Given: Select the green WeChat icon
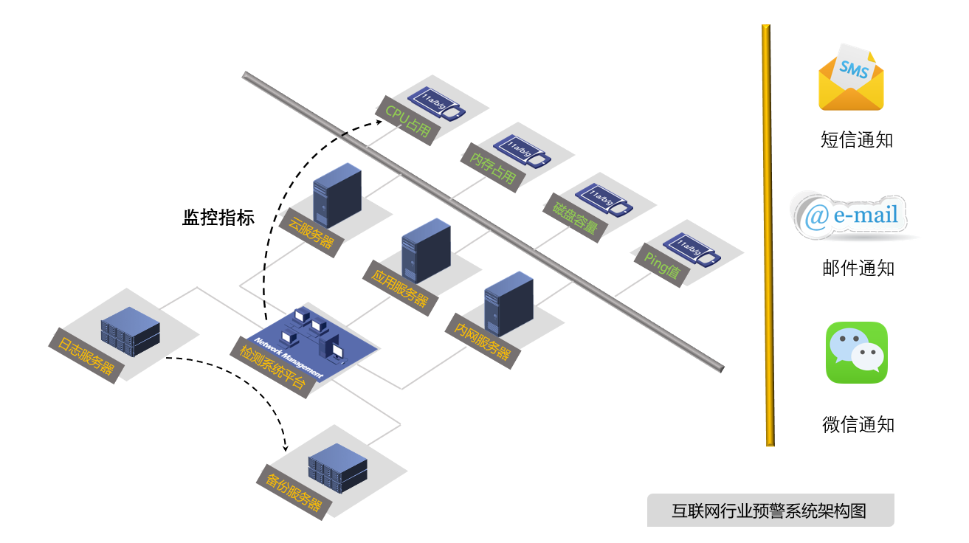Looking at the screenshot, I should coord(856,353).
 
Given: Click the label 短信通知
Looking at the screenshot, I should coord(857,139).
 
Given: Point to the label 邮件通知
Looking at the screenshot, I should coord(858,268).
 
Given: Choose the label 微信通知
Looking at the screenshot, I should coord(858,424).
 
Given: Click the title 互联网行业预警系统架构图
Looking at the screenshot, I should coord(769,511).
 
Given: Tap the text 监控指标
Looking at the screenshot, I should coord(218,218).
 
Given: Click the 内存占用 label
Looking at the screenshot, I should coord(492,168).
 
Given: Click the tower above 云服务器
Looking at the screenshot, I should coord(337,196).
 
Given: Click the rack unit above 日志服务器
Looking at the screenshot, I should coord(130,333).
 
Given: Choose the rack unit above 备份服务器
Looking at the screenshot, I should coord(337,468).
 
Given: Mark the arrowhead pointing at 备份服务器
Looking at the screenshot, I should coord(286,447).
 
